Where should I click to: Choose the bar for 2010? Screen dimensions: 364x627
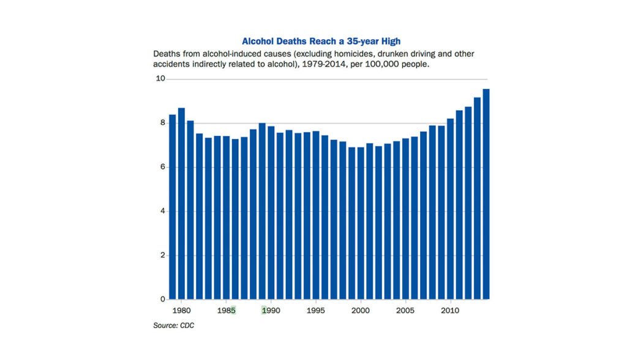click(x=450, y=209)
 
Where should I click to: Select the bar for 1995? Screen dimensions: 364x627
click(x=315, y=215)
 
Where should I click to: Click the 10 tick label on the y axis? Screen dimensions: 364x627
click(x=160, y=78)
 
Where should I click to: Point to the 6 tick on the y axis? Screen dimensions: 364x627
click(x=162, y=167)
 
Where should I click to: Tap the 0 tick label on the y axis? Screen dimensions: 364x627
click(x=162, y=300)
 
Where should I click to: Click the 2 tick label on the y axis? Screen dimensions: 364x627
click(x=162, y=256)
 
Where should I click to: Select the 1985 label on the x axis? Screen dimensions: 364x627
click(x=226, y=311)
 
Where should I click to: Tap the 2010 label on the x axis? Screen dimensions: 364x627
click(x=450, y=311)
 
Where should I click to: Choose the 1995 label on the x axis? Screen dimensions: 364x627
click(x=315, y=311)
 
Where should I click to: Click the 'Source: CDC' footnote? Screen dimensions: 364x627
click(x=173, y=325)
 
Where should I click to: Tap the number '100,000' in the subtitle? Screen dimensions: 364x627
click(x=375, y=64)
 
